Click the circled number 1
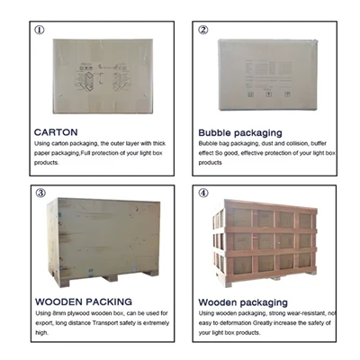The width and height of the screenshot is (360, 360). click(40, 30)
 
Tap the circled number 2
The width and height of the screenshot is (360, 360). click(203, 30)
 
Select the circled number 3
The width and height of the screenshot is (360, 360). click(40, 193)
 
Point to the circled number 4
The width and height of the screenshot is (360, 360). click(203, 193)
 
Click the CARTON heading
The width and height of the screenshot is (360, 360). click(56, 132)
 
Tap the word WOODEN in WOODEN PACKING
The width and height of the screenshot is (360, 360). click(58, 301)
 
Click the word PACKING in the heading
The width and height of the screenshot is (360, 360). click(109, 301)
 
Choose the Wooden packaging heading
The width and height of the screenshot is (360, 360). click(243, 302)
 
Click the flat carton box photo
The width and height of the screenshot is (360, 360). click(103, 76)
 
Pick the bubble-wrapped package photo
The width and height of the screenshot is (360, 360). click(267, 75)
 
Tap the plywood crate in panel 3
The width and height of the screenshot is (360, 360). click(103, 242)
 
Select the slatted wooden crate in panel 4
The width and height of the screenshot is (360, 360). click(265, 243)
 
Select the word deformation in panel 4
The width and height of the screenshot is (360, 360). click(235, 323)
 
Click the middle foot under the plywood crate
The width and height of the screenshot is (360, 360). click(110, 278)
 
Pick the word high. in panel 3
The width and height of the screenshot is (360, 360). click(41, 333)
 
